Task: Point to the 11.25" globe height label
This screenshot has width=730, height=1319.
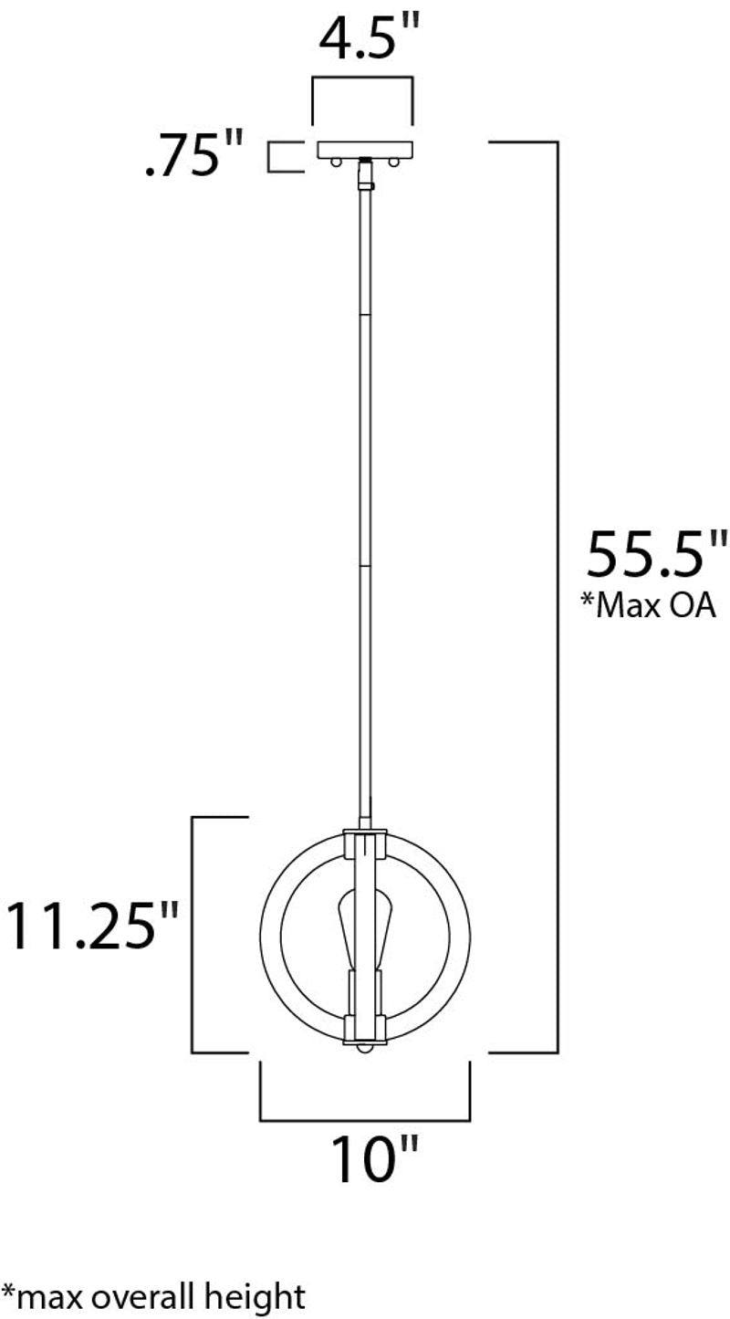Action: (92, 924)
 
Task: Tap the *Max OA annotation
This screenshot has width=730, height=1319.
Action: (649, 605)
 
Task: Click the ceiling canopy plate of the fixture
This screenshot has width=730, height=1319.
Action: (365, 150)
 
